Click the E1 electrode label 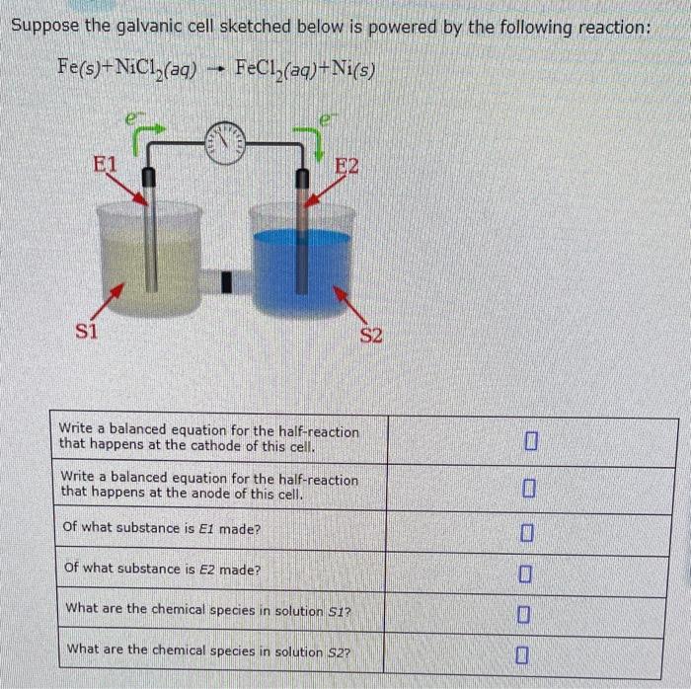pos(104,164)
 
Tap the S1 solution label pos(88,330)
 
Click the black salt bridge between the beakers pos(225,284)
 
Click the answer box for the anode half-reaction pos(530,489)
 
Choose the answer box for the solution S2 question pos(530,653)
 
